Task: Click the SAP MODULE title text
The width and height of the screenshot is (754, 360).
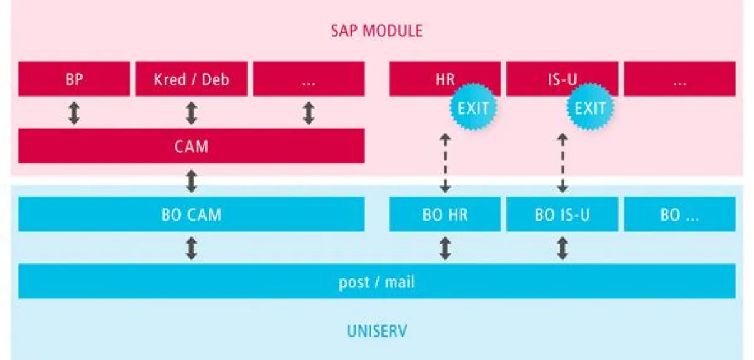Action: tap(376, 30)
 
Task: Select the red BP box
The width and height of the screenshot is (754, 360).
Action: tap(74, 79)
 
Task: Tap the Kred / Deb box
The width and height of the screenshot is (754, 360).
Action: tap(191, 79)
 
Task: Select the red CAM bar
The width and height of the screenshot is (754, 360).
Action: tap(191, 146)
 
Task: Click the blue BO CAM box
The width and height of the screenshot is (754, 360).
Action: tap(191, 214)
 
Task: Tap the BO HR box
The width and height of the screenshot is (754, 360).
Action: tap(445, 214)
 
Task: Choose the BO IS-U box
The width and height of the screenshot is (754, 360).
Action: tap(562, 214)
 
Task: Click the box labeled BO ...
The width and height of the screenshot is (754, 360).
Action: tap(679, 214)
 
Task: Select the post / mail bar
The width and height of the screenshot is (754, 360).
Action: tap(376, 281)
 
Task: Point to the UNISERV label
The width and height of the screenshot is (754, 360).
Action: tap(376, 330)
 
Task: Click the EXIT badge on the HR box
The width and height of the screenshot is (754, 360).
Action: tap(473, 107)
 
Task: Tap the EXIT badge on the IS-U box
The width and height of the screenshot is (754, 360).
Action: tap(591, 107)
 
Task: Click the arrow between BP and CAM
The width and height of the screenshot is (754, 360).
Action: tap(74, 113)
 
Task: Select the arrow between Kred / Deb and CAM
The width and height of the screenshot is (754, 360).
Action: tap(192, 113)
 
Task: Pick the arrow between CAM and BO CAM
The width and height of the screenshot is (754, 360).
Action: tap(192, 181)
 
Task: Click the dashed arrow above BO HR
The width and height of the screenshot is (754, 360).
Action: tap(445, 163)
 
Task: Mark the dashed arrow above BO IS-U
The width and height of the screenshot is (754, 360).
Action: tap(562, 163)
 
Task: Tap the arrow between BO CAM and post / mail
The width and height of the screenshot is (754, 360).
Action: tap(192, 248)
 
